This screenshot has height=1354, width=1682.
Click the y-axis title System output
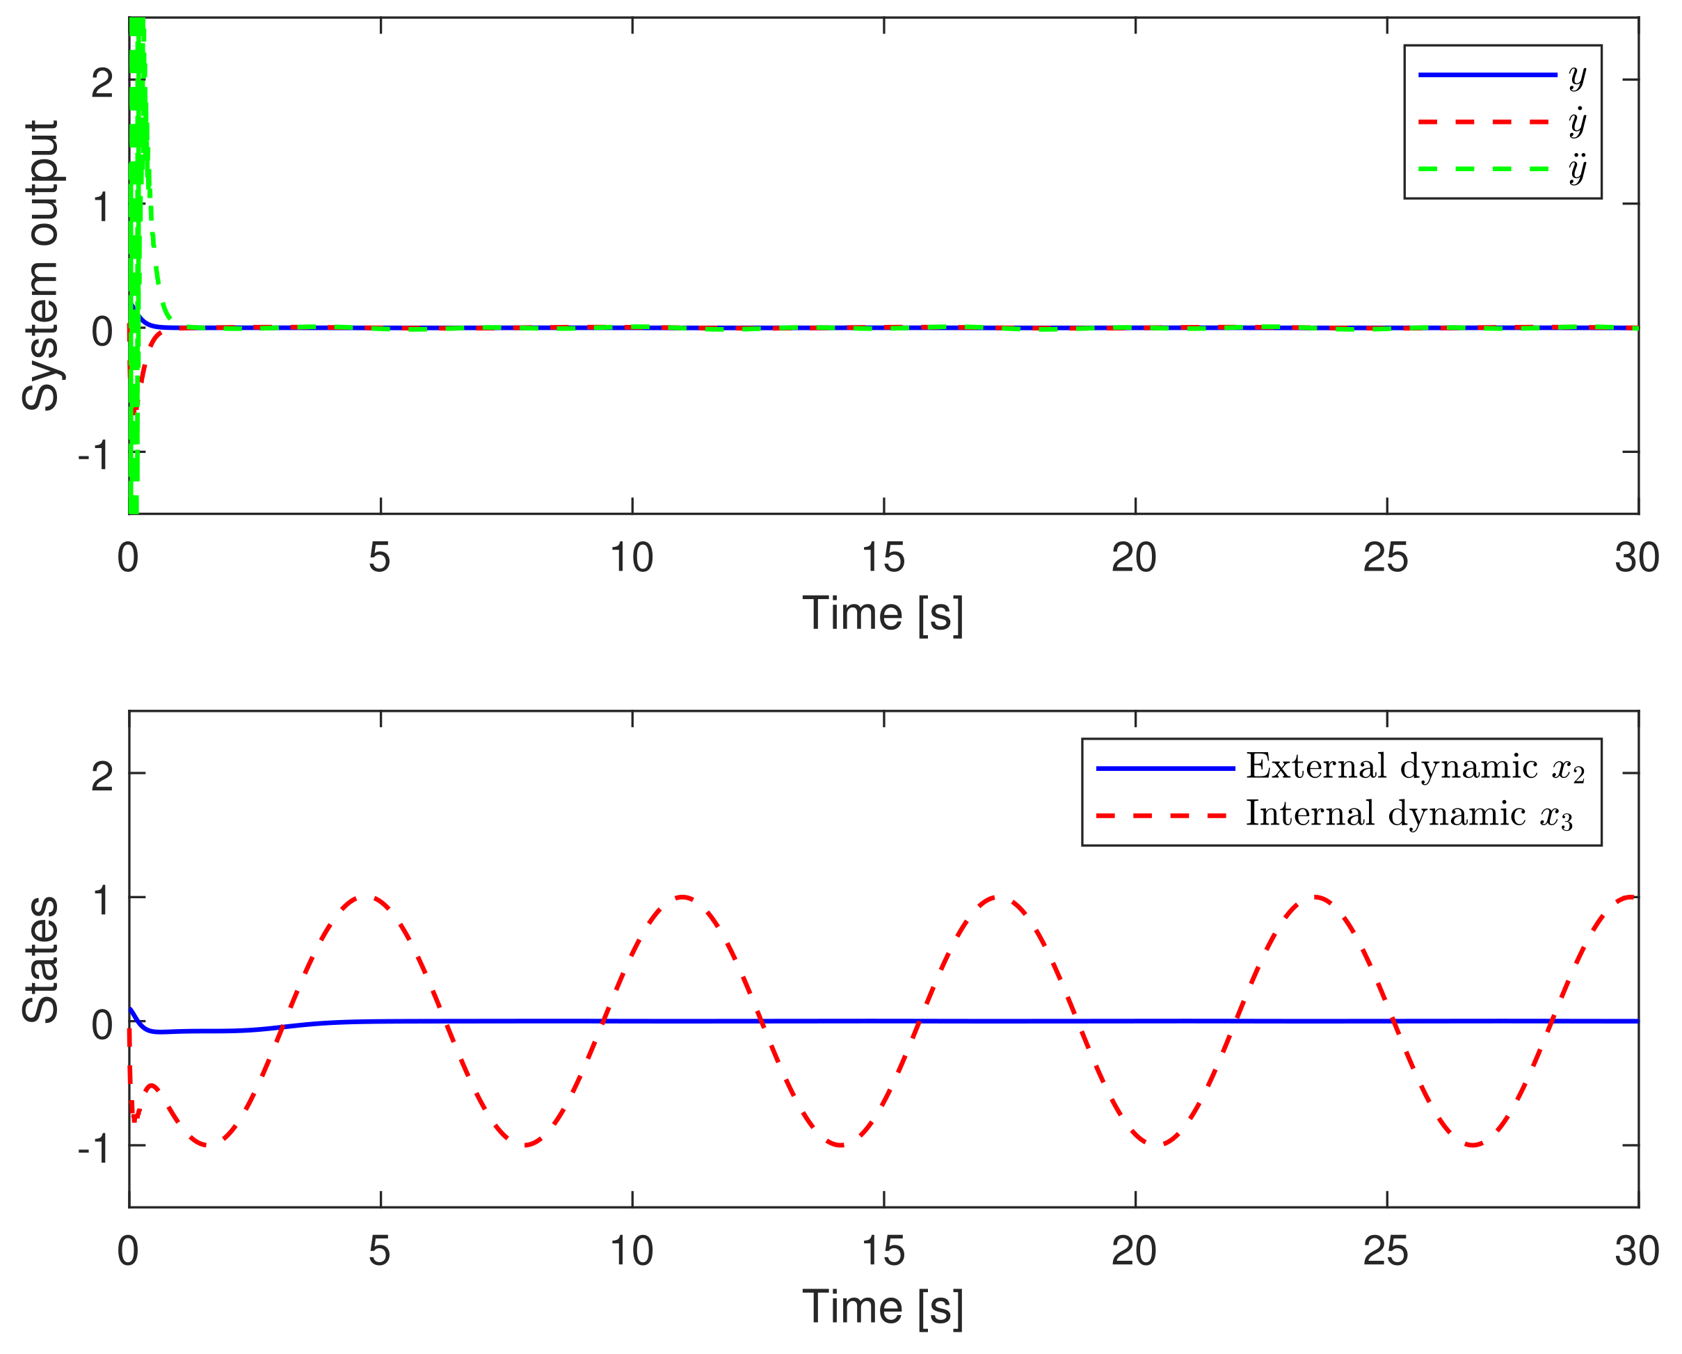[40, 265]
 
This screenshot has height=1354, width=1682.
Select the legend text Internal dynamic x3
[1409, 815]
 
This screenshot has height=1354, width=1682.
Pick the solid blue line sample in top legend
[1486, 75]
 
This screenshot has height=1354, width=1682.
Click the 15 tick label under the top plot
[883, 558]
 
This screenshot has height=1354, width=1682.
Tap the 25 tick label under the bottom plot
[1386, 1252]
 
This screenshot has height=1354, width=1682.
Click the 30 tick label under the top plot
[1637, 558]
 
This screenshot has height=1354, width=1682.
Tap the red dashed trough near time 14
[841, 1145]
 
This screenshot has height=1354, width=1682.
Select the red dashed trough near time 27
[1473, 1145]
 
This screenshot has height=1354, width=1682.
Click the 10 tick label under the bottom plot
[631, 1252]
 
